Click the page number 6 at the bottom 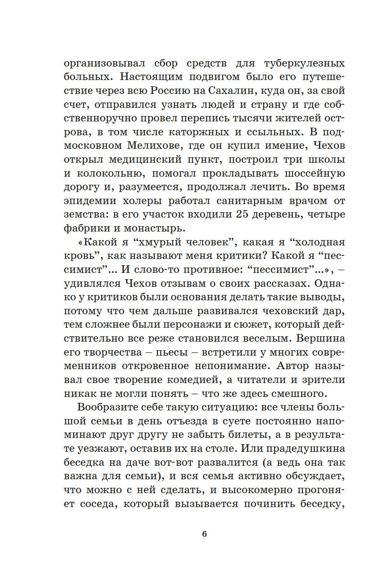click(x=204, y=535)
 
